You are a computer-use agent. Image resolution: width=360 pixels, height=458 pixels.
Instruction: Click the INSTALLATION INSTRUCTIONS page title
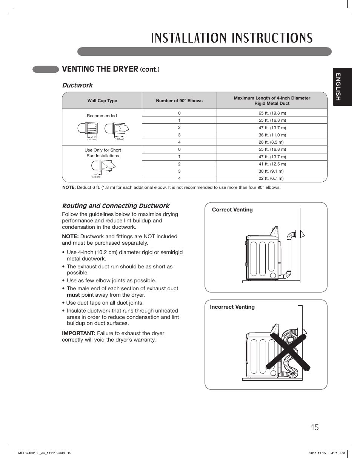pos(232,38)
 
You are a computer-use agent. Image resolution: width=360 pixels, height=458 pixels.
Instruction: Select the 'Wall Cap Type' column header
pos(102,101)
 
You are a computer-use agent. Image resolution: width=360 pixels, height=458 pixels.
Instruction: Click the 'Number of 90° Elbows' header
pos(179,101)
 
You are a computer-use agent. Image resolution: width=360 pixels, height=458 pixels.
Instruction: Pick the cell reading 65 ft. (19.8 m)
pos(272,113)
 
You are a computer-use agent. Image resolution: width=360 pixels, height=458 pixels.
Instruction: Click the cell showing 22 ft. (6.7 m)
pos(271,178)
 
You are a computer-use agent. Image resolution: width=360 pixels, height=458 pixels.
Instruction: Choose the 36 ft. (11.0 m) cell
pos(272,135)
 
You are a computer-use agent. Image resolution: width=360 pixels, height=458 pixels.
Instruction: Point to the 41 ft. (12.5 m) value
pos(272,164)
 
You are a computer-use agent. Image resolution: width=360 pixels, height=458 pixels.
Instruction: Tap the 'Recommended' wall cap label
pos(102,116)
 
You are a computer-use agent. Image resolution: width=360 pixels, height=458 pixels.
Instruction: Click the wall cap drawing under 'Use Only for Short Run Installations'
pos(102,166)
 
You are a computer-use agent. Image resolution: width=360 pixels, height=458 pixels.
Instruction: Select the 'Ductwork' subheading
pos(77,85)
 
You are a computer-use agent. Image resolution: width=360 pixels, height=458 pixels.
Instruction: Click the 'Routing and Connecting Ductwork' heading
pos(115,206)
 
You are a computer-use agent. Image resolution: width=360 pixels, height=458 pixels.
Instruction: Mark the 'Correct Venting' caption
pos(232,210)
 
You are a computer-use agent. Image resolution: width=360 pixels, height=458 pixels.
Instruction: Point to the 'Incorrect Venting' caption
pos(232,307)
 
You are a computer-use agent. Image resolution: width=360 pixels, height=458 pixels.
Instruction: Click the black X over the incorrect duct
pos(289,351)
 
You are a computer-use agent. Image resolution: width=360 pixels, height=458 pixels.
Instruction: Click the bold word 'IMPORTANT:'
pos(78,333)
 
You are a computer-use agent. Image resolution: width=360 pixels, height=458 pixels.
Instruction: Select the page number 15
pos(315,427)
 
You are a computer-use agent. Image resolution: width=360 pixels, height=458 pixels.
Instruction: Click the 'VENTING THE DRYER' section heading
pos(100,69)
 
